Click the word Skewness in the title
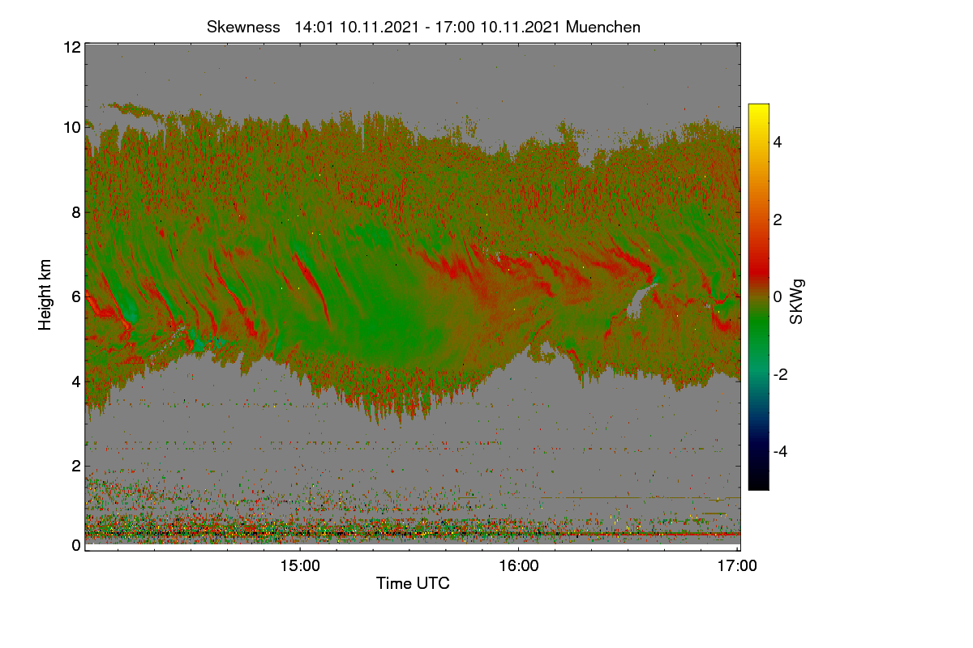(243, 28)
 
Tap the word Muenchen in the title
(603, 28)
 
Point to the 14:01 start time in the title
(314, 28)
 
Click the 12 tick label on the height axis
(72, 47)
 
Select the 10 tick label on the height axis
(72, 128)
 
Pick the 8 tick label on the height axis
(76, 212)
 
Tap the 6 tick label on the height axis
(76, 297)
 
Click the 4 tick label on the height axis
(76, 382)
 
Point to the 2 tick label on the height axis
(76, 466)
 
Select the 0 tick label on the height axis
(76, 545)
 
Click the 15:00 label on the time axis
(300, 566)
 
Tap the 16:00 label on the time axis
(519, 566)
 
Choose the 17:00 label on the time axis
(737, 566)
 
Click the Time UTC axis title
(413, 583)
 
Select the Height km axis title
(45, 295)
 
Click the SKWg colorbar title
(796, 302)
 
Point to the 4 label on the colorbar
(778, 143)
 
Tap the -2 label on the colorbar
(781, 374)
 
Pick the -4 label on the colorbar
(781, 452)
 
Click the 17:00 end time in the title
(455, 28)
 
